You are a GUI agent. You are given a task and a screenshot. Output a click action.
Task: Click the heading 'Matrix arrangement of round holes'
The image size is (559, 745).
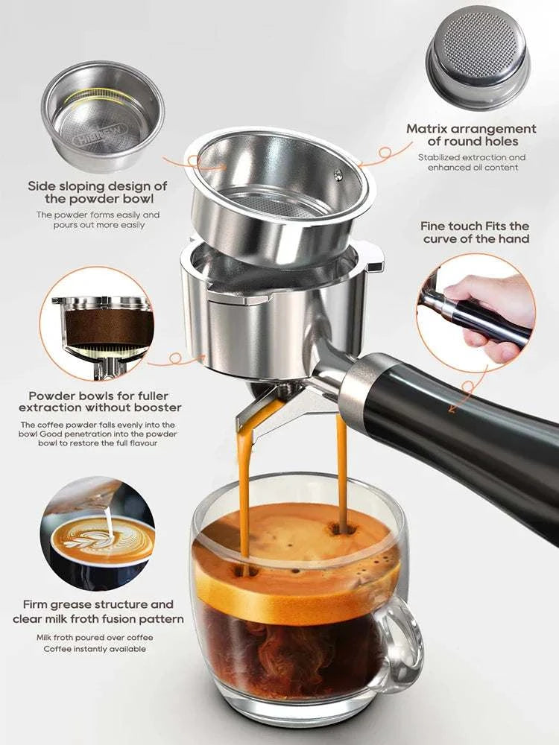point(471,135)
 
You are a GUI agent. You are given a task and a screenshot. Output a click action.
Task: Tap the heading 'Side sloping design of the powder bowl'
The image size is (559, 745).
point(98,192)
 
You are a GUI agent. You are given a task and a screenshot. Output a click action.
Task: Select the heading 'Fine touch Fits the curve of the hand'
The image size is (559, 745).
point(475,232)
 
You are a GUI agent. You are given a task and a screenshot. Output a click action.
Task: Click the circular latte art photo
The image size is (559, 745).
point(98,533)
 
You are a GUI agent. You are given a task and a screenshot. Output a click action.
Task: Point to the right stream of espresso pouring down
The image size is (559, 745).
point(342,469)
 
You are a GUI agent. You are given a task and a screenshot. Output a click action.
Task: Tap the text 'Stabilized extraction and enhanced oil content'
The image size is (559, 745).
point(471,162)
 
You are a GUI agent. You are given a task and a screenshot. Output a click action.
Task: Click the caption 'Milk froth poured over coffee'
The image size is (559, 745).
point(93,637)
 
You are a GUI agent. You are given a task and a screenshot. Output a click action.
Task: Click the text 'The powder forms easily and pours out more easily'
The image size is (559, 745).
point(98,220)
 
